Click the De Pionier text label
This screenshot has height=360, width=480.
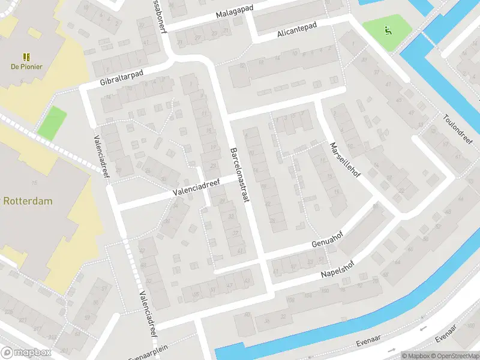[26, 67]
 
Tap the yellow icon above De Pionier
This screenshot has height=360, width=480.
[26, 56]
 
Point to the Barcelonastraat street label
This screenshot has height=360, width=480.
[239, 175]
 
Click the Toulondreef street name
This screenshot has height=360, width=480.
[458, 128]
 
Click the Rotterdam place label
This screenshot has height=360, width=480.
[28, 201]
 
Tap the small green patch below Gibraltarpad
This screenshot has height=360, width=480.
[52, 122]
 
